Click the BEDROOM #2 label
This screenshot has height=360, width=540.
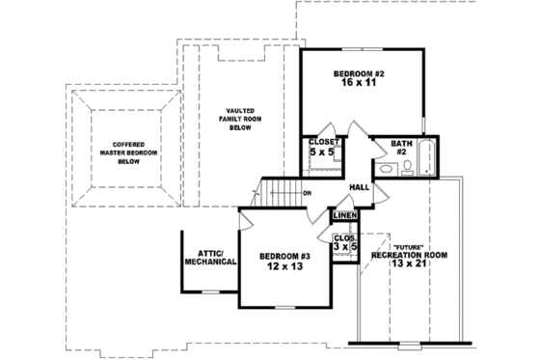pos(359,73)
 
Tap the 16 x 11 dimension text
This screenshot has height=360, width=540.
pos(359,85)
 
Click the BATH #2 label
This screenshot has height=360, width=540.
pos(401,147)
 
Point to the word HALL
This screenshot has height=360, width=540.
pos(360,187)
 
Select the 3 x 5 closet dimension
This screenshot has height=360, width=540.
pos(345,248)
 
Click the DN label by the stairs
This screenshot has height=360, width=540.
pos(307,194)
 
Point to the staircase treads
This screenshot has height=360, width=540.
pos(280,193)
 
